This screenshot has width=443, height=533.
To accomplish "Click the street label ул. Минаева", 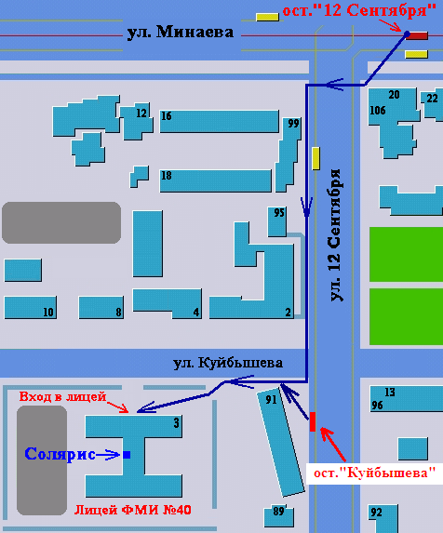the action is [x=181, y=33].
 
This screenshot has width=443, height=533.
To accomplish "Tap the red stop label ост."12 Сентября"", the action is [x=359, y=10].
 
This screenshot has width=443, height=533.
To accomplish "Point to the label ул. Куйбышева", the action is [x=228, y=363].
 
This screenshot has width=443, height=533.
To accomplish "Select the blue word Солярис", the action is [x=60, y=454].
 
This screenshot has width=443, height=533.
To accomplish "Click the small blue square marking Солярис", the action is [x=127, y=455].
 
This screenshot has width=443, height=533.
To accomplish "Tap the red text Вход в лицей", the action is [x=63, y=396].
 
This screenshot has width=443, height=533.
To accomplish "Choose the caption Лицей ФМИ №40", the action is [x=132, y=510].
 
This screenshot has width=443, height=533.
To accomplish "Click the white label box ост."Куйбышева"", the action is [x=375, y=473].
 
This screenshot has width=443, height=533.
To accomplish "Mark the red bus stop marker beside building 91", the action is [x=313, y=422].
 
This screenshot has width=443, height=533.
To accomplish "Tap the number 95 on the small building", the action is [x=279, y=213].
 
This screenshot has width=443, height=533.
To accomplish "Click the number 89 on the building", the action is [x=278, y=511].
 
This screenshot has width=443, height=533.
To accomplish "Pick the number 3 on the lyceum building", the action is [x=176, y=423].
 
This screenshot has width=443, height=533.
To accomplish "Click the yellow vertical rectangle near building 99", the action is [x=315, y=158].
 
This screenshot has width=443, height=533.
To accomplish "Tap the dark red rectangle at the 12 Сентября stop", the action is [x=417, y=35].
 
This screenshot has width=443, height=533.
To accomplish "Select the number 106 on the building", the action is [x=378, y=111].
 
